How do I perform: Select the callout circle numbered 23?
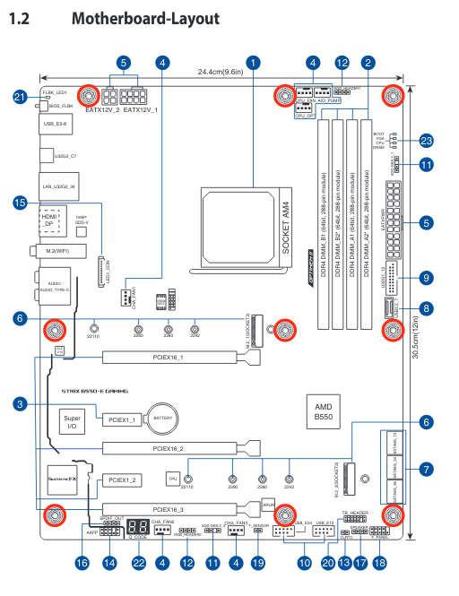426,141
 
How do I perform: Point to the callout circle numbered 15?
20,203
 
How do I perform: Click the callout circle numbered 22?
138,563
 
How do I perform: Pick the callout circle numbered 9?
426,278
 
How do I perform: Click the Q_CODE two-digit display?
138,529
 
